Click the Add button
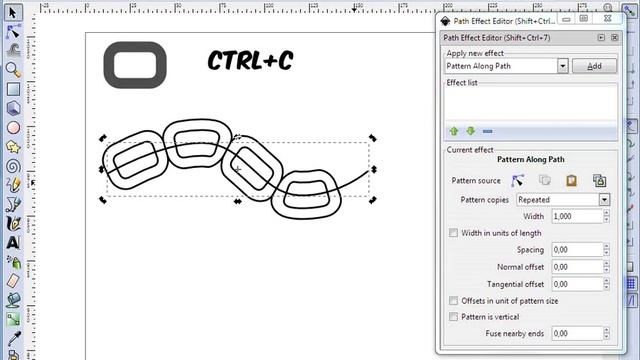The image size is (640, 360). (594, 65)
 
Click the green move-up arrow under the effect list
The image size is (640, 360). (453, 130)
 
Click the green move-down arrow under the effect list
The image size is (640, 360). (470, 130)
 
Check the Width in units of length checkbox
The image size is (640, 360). (455, 233)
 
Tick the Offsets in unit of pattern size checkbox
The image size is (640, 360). (455, 300)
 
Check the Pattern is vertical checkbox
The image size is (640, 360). (455, 317)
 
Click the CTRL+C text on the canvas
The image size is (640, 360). (250, 61)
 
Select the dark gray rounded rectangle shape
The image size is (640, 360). (133, 66)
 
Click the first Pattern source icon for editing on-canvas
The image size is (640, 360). (518, 181)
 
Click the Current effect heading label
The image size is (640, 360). (469, 149)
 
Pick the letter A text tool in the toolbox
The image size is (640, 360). (13, 241)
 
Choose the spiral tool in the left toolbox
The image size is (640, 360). (13, 166)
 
